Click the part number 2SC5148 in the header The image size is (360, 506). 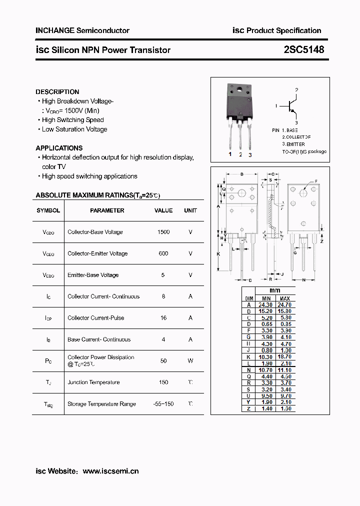tap(304, 49)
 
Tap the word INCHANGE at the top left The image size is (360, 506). tap(54, 30)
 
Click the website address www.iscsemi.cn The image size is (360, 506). tap(110, 471)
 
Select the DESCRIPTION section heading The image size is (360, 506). tap(57, 92)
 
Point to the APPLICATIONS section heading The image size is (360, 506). tap(59, 148)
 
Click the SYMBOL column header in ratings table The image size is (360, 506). tap(48, 210)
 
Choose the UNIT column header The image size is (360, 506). tap(190, 210)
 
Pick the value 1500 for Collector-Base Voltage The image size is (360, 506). tap(163, 232)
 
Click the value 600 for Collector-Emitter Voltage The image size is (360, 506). tap(163, 253)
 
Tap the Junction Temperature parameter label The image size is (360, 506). tap(93, 382)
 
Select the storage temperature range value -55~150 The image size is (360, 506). tap(163, 404)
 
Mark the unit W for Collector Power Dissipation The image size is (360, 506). tap(190, 360)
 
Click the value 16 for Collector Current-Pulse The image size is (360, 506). tap(163, 318)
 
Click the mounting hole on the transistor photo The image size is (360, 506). tap(239, 90)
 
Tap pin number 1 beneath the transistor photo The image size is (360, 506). tap(230, 154)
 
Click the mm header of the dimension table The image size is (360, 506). tap(275, 290)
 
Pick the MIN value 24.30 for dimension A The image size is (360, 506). tap(265, 304)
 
